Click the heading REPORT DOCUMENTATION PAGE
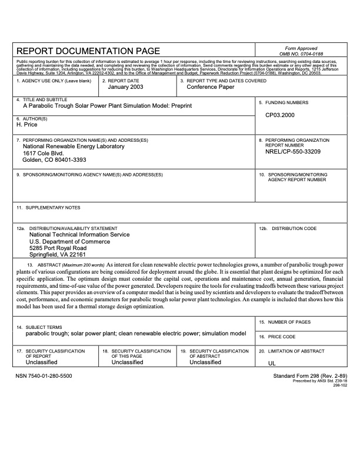(x=88, y=51)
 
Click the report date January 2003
(x=125, y=87)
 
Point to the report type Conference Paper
(x=210, y=87)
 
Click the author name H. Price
(x=28, y=125)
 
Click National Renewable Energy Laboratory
(x=74, y=147)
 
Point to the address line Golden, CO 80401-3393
(x=54, y=159)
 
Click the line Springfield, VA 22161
(x=58, y=255)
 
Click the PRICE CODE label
(x=282, y=337)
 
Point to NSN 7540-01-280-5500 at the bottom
(x=45, y=375)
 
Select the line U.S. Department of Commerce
(x=66, y=241)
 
